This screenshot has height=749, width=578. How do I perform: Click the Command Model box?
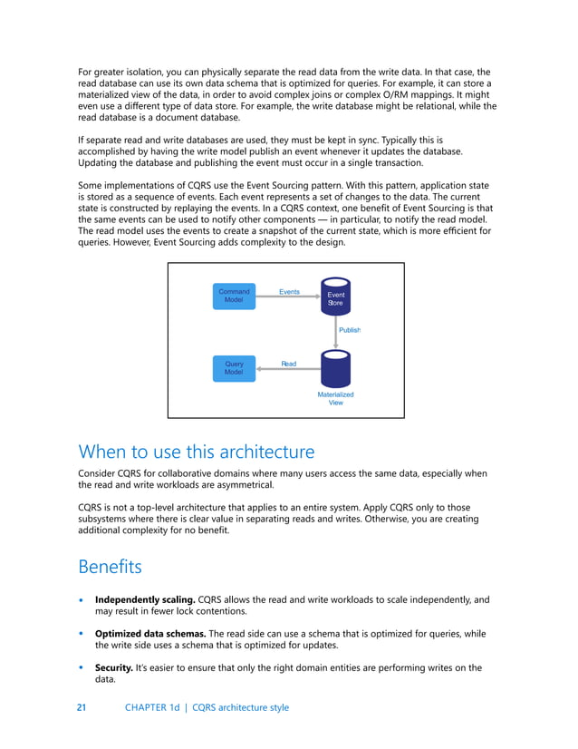pyautogui.click(x=234, y=297)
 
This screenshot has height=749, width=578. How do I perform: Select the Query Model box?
pyautogui.click(x=234, y=368)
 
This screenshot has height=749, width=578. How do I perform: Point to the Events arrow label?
pyautogui.click(x=289, y=292)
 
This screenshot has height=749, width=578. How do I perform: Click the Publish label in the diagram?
pyautogui.click(x=350, y=330)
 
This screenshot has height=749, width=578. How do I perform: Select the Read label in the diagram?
pyautogui.click(x=288, y=364)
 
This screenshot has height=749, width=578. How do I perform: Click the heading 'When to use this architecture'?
pyautogui.click(x=197, y=452)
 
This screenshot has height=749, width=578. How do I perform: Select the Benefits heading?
pyautogui.click(x=111, y=567)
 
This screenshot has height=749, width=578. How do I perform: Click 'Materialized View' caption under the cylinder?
pyautogui.click(x=335, y=399)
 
